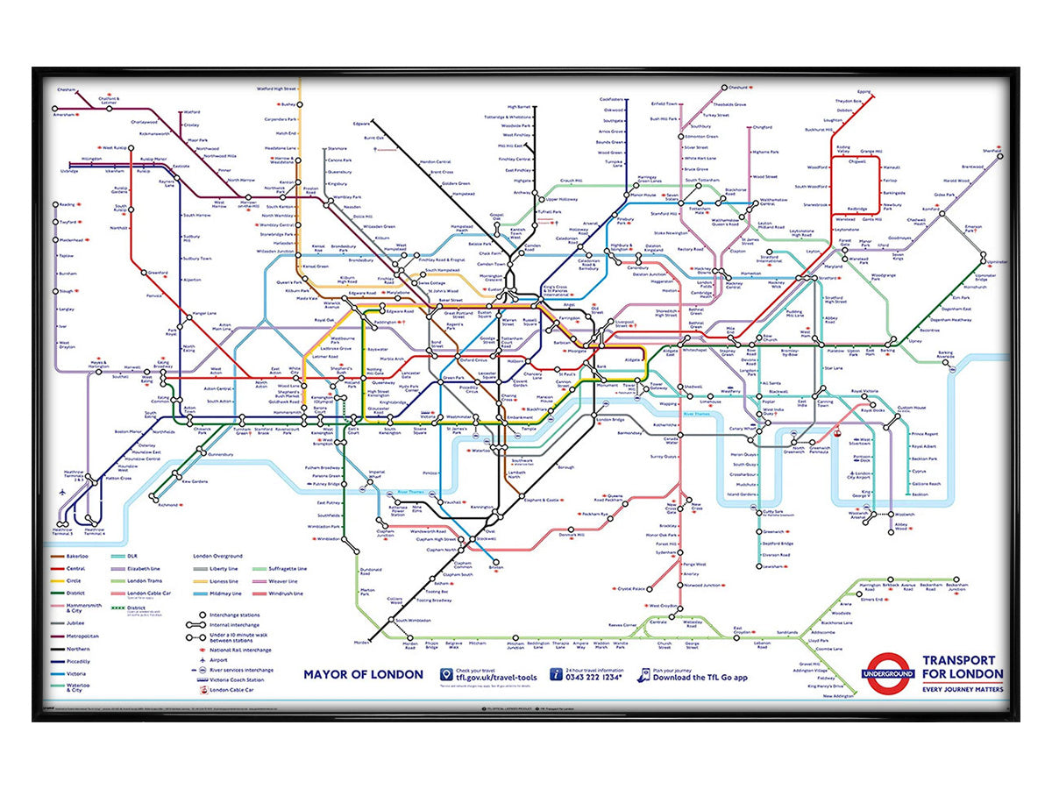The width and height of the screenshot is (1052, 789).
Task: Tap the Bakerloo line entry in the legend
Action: coord(76,556)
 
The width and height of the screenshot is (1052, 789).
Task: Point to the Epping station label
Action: coord(864,91)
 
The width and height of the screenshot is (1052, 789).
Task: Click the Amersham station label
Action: coord(65,115)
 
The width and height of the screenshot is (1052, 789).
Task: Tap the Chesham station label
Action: coord(67,89)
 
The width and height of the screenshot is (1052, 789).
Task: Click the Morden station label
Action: coord(361,643)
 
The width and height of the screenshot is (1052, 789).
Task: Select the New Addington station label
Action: coord(838,696)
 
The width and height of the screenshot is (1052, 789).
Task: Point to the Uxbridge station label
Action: coord(68,171)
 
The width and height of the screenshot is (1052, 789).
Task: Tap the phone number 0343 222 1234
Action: coord(597,677)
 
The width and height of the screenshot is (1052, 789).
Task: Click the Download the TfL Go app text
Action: coord(700,677)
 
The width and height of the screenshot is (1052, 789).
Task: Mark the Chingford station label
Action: coord(762,127)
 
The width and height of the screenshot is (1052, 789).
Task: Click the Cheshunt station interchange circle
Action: coord(725,88)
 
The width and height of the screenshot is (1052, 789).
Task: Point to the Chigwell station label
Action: coord(857,161)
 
